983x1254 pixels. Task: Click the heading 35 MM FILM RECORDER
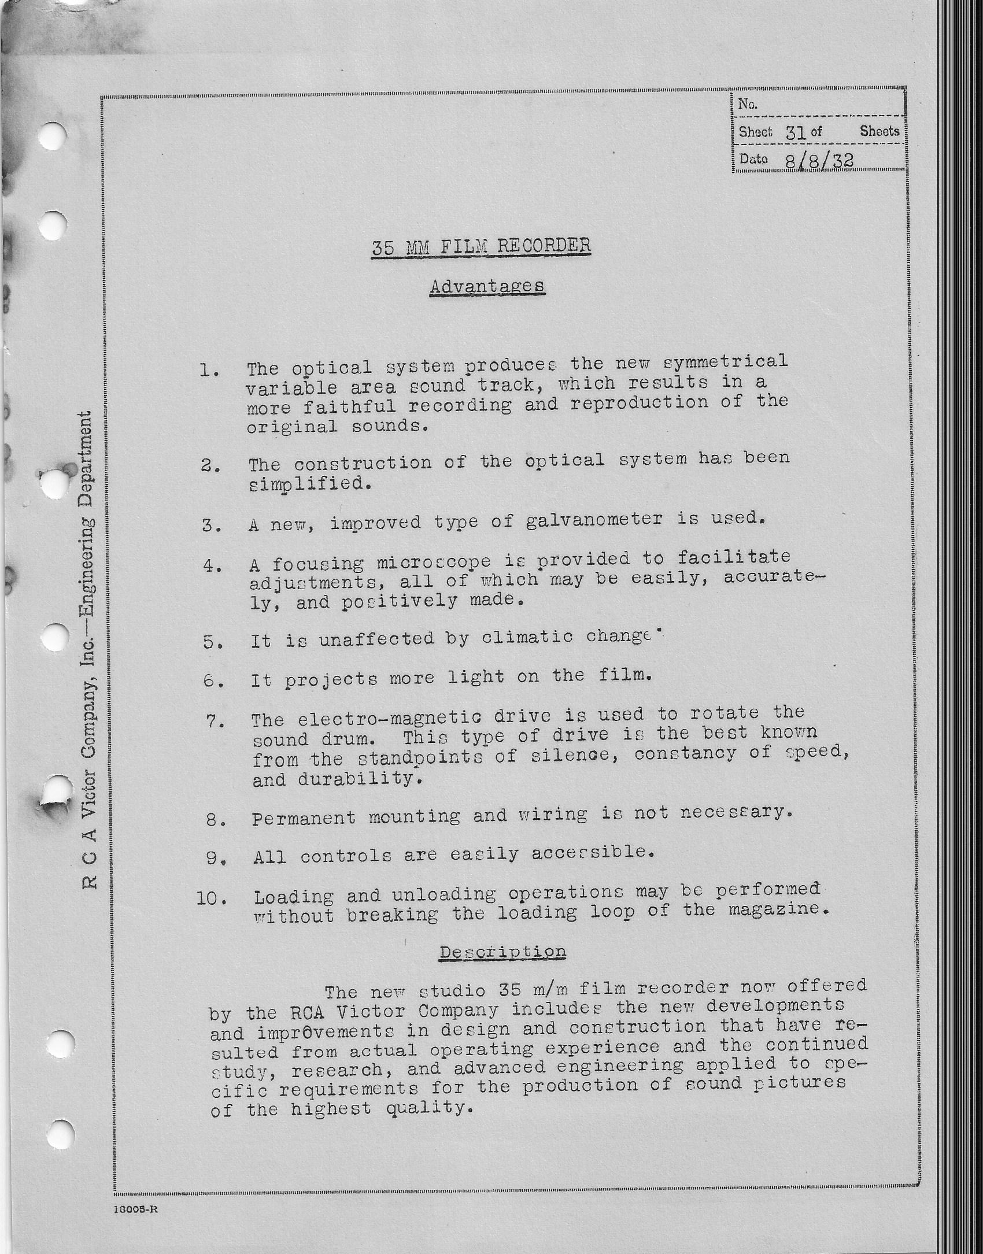[x=481, y=247]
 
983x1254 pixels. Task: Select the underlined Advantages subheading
[x=487, y=287]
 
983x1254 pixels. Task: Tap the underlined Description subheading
[x=502, y=952]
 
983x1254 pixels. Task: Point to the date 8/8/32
[x=819, y=160]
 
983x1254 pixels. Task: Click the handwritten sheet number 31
[x=796, y=132]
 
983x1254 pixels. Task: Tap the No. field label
[x=748, y=105]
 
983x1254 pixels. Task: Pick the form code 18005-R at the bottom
[x=136, y=1209]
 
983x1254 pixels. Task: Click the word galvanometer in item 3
[x=594, y=520]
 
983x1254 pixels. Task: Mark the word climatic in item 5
[x=527, y=637]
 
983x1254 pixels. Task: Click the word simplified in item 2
[x=307, y=484]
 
